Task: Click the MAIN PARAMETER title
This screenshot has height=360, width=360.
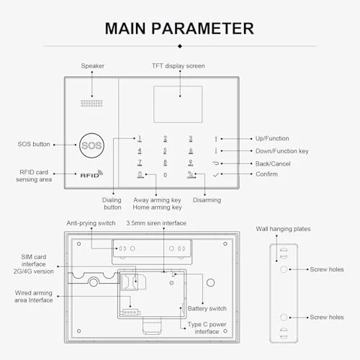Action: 179,28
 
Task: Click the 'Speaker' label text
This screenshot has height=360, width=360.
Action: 92,66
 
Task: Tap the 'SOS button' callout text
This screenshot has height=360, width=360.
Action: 33,144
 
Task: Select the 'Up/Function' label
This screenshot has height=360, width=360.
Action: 269,138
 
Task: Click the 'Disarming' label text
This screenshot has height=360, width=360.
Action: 207,199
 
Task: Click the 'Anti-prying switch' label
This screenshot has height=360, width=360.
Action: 91,223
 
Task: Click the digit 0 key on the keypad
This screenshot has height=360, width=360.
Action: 165,175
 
